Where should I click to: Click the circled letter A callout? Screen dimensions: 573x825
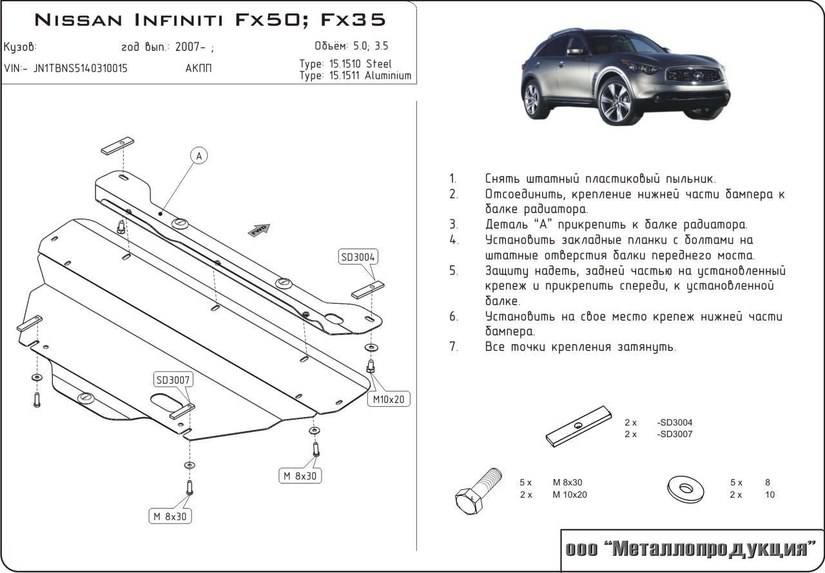coord(199,156)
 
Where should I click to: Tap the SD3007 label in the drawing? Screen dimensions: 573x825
coord(172,380)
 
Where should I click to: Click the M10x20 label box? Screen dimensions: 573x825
coord(389,400)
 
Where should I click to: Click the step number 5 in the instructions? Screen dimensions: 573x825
coord(454,271)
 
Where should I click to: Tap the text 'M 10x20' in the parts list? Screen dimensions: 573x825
coord(570,495)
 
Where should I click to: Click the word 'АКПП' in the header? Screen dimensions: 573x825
coord(198,69)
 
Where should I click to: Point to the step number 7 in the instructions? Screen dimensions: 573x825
coord(454,347)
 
